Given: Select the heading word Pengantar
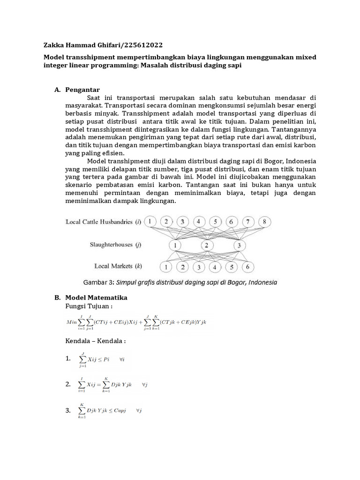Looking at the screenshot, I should point(82,90).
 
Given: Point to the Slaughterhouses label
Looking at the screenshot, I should point(112,245).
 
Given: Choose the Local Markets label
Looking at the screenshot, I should point(114,266).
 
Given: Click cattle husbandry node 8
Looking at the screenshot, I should point(264,222).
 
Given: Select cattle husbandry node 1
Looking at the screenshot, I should point(150,222).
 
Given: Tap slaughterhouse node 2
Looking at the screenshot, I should point(206,245).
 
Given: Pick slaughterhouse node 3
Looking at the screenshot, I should point(239,245).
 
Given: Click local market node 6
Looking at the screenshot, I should point(247,267).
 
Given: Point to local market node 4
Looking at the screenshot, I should point(215,267).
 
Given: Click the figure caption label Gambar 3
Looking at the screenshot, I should point(98,282).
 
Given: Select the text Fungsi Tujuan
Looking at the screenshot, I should point(89,306).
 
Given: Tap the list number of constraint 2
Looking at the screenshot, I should point(68,384).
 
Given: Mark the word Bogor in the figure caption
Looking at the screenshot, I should point(227,282).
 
